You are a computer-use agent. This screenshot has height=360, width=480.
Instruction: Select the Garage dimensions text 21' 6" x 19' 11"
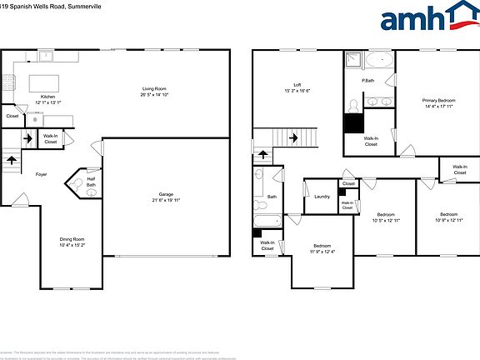(x=167, y=200)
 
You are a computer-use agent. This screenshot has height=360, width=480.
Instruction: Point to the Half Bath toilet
(x=90, y=192)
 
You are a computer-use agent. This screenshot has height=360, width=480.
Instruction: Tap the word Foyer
(x=41, y=174)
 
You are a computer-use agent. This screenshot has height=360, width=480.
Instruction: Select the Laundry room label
(x=322, y=197)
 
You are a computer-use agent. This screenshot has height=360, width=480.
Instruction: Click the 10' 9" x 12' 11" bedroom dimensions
(x=448, y=219)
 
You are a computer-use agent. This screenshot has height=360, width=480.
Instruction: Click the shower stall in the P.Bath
(x=353, y=60)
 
